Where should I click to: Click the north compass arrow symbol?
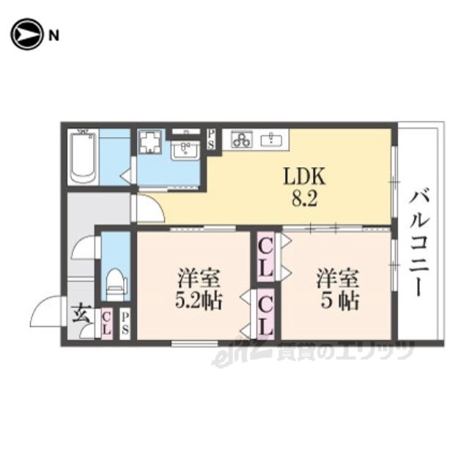(x=26, y=34)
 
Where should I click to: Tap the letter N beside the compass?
(x=53, y=36)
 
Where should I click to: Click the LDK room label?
(x=304, y=177)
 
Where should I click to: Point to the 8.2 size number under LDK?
(x=304, y=199)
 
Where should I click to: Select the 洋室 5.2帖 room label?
(x=198, y=289)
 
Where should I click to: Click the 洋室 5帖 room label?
(x=338, y=289)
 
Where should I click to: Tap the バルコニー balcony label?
(x=419, y=244)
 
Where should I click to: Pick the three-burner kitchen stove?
(x=241, y=140)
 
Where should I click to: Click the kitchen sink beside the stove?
(x=270, y=140)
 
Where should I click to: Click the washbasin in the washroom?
(x=185, y=150)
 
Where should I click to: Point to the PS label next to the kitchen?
(x=211, y=139)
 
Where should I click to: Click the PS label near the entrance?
(x=125, y=324)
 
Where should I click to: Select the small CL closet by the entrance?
(x=107, y=324)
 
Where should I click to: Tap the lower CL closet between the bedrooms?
(x=265, y=314)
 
